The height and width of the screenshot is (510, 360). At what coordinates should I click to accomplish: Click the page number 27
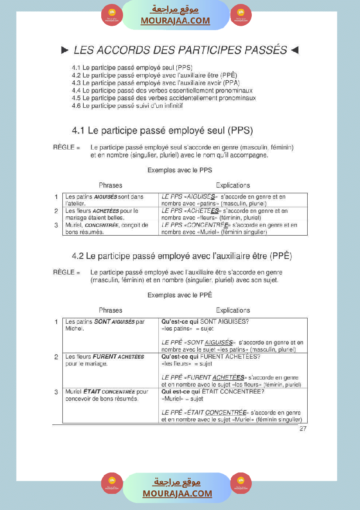[x=303, y=429]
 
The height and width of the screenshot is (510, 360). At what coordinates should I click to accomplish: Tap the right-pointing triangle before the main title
[x=65, y=51]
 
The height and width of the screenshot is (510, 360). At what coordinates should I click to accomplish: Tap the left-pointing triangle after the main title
[x=295, y=51]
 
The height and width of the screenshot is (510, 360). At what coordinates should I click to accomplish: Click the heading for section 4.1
[x=162, y=130]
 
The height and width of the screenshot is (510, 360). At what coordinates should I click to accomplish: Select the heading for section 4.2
[x=182, y=256]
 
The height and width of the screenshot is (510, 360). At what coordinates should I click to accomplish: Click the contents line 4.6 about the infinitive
[x=127, y=106]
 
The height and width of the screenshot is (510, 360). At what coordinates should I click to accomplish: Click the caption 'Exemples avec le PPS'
[x=180, y=170]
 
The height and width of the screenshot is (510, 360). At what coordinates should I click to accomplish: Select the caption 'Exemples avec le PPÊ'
[x=180, y=295]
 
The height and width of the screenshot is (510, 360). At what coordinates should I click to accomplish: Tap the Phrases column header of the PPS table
[x=110, y=185]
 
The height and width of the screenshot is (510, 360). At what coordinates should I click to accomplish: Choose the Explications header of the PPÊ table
[x=233, y=310]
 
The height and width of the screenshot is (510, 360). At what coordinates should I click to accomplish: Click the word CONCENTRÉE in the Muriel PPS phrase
[x=102, y=226]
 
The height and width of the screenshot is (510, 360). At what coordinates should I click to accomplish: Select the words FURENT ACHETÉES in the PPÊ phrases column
[x=118, y=357]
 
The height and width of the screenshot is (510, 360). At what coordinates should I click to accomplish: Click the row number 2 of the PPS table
[x=56, y=211]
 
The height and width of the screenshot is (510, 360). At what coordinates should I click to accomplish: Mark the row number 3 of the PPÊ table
[x=56, y=392]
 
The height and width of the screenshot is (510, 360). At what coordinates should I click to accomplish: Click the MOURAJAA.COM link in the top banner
[x=175, y=21]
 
